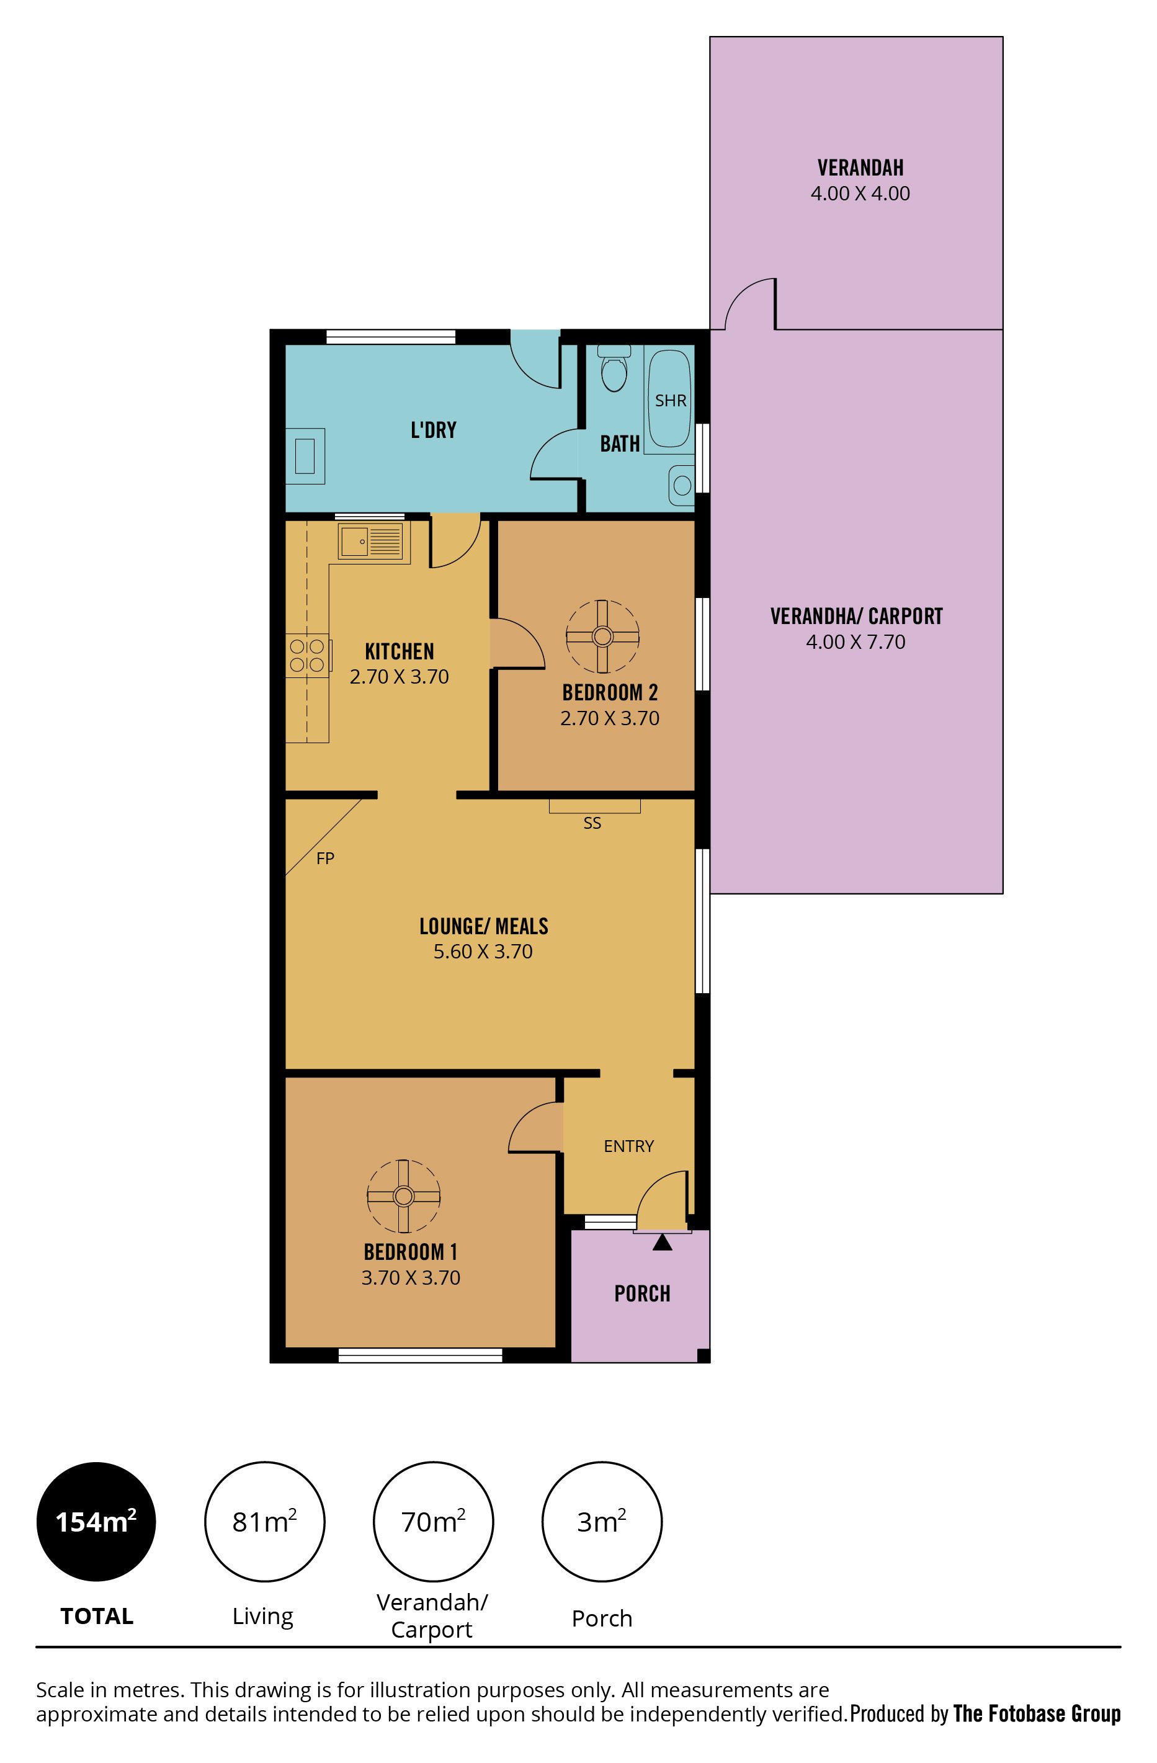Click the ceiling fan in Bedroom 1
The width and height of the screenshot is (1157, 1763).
(x=403, y=1195)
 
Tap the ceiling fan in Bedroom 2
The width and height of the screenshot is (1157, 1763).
(x=602, y=636)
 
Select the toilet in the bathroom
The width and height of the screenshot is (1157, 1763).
(x=614, y=369)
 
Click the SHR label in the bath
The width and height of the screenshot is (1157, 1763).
(x=671, y=401)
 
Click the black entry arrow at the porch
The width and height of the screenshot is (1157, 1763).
(x=662, y=1243)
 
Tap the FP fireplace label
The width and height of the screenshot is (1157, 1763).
(x=325, y=859)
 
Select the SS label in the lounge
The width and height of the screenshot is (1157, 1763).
(x=592, y=823)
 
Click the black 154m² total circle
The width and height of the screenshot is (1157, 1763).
(x=96, y=1522)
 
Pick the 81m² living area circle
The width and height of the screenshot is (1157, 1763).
(x=264, y=1522)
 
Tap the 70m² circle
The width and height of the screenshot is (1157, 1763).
(x=433, y=1522)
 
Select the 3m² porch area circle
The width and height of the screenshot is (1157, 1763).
(x=602, y=1522)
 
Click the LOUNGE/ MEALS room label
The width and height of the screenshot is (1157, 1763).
(x=484, y=926)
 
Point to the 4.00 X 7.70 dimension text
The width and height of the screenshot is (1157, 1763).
(x=855, y=641)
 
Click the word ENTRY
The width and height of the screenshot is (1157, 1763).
(x=629, y=1146)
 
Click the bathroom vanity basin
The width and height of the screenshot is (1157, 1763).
(x=681, y=485)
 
